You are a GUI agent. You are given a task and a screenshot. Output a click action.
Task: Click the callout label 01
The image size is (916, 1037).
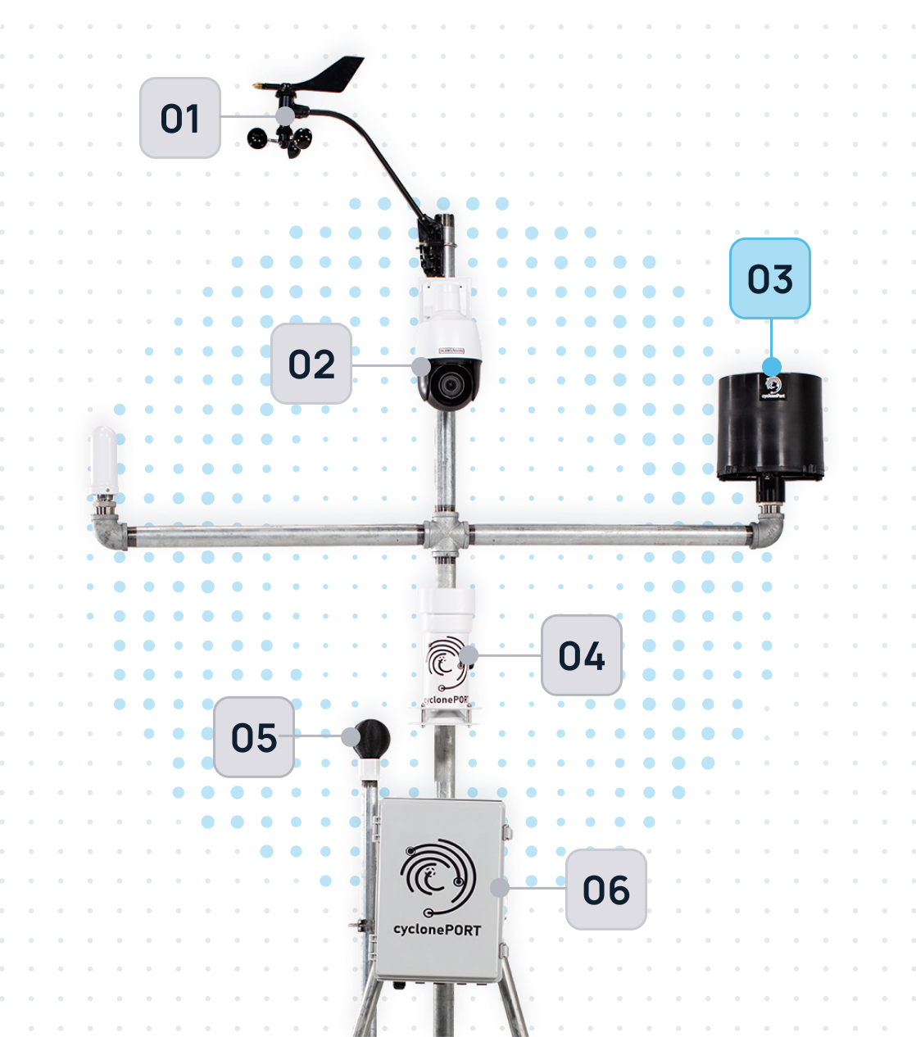(x=179, y=118)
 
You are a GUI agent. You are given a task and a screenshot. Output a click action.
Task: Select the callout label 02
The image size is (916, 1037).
(x=311, y=365)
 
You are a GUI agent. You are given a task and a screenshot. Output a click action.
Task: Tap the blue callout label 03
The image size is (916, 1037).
(x=769, y=279)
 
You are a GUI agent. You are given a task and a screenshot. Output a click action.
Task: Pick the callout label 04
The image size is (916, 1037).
(x=581, y=656)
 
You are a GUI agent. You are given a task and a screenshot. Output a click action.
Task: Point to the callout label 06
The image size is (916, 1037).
(x=605, y=890)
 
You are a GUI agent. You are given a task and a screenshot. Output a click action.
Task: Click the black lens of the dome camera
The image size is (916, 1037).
(x=448, y=383)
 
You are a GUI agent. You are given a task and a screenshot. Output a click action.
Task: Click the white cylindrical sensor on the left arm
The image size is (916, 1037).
(x=103, y=460)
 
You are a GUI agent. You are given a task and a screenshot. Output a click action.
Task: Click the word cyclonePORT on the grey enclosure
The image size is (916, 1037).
(x=436, y=930)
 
